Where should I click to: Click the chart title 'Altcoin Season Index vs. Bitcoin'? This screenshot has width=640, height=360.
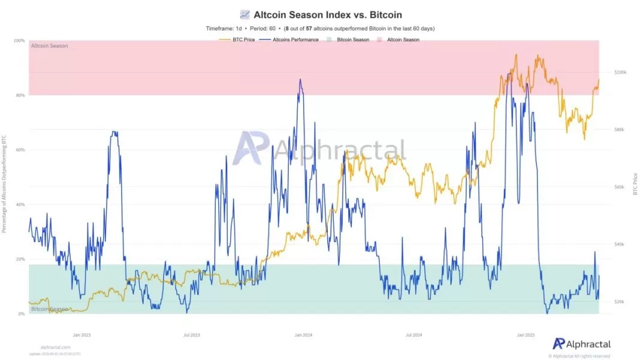[327, 14]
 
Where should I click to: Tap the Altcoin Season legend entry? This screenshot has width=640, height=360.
[403, 40]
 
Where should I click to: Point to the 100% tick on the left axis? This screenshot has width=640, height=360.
[19, 41]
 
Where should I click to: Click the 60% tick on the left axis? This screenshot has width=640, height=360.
[20, 150]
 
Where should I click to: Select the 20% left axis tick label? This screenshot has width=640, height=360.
[20, 259]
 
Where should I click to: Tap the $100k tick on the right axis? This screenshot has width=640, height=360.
[620, 72]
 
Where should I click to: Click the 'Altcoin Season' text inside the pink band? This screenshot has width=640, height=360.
[50, 46]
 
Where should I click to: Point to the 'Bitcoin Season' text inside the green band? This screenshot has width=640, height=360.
[50, 309]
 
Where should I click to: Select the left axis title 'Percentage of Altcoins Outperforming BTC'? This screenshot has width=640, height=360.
[4, 183]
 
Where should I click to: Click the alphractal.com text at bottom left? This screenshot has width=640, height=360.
[55, 347]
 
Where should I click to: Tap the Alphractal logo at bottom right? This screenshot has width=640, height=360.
[581, 344]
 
